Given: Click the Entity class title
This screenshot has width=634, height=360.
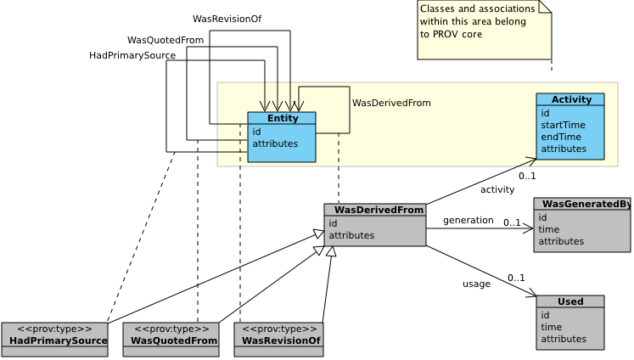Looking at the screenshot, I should tap(282, 118).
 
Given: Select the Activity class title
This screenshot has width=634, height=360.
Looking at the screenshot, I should tap(570, 99).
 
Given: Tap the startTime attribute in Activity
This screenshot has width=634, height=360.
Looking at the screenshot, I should tap(563, 125).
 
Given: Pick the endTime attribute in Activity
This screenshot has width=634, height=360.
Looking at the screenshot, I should tap(561, 137).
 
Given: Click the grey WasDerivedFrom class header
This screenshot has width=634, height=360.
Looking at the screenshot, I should tap(375, 210).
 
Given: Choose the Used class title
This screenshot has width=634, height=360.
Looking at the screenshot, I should tap(570, 301).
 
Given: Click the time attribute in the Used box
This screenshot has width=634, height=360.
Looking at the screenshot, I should tap(552, 327).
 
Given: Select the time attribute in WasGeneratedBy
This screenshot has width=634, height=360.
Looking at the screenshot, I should tap(549, 229).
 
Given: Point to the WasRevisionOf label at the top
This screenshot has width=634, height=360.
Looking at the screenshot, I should tap(227, 19).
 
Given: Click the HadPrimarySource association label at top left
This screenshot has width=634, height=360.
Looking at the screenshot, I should tap(132, 55).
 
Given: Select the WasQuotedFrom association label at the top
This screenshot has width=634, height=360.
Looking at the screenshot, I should tap(166, 40).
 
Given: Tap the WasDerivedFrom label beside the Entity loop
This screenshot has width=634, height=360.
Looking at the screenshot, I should tap(391, 103).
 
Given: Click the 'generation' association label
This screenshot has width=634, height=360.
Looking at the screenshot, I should tap(468, 221).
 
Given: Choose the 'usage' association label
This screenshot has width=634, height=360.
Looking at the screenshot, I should tap(476, 284).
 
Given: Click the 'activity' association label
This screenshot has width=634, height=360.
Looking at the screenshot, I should tap(497, 189).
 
